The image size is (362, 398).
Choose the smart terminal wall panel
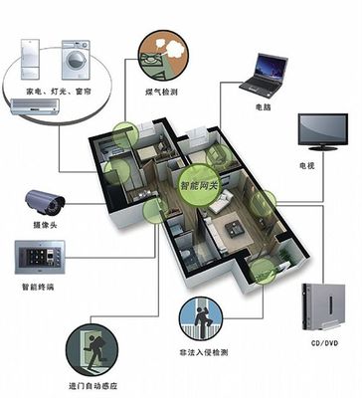[40, 261]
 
